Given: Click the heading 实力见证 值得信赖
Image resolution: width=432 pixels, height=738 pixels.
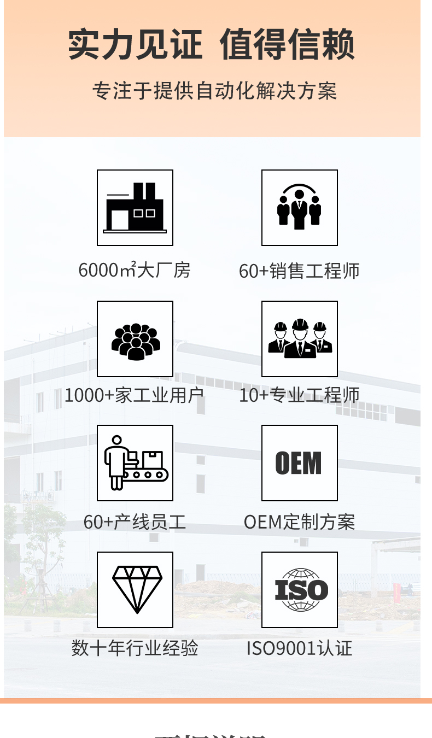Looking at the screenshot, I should click(x=212, y=45).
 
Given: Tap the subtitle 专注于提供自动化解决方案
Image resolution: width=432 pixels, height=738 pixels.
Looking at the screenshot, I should click(x=214, y=91).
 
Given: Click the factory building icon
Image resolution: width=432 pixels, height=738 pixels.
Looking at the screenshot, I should click(x=135, y=208).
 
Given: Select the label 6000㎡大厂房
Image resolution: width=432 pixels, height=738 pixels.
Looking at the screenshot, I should click(x=135, y=270).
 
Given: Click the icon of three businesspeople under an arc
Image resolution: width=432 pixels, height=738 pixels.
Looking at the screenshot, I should click(x=299, y=208).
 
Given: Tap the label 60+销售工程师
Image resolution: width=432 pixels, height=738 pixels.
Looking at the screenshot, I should click(x=299, y=271).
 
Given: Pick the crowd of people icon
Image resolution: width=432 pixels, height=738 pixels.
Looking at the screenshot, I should click(x=135, y=339).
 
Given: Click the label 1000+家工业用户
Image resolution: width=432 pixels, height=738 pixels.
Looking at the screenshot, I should click(x=135, y=395).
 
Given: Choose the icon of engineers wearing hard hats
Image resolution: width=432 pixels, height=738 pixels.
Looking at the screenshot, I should click(x=299, y=339).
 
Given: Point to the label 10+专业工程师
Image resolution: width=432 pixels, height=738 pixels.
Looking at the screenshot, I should click(x=299, y=395).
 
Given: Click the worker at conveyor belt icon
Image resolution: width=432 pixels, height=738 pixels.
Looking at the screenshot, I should click(x=135, y=463).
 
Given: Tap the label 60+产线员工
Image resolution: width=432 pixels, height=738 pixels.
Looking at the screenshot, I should click(x=135, y=522).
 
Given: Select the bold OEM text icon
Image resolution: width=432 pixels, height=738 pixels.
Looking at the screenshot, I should click(x=299, y=463).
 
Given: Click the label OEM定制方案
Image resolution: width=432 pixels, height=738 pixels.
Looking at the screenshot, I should click(x=299, y=522).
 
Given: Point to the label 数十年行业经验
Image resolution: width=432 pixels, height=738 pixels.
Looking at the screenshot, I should click(x=135, y=648).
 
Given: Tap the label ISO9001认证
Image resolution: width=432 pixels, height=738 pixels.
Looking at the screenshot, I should click(x=299, y=648).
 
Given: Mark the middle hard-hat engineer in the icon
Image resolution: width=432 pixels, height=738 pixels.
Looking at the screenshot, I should click(x=300, y=339).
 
